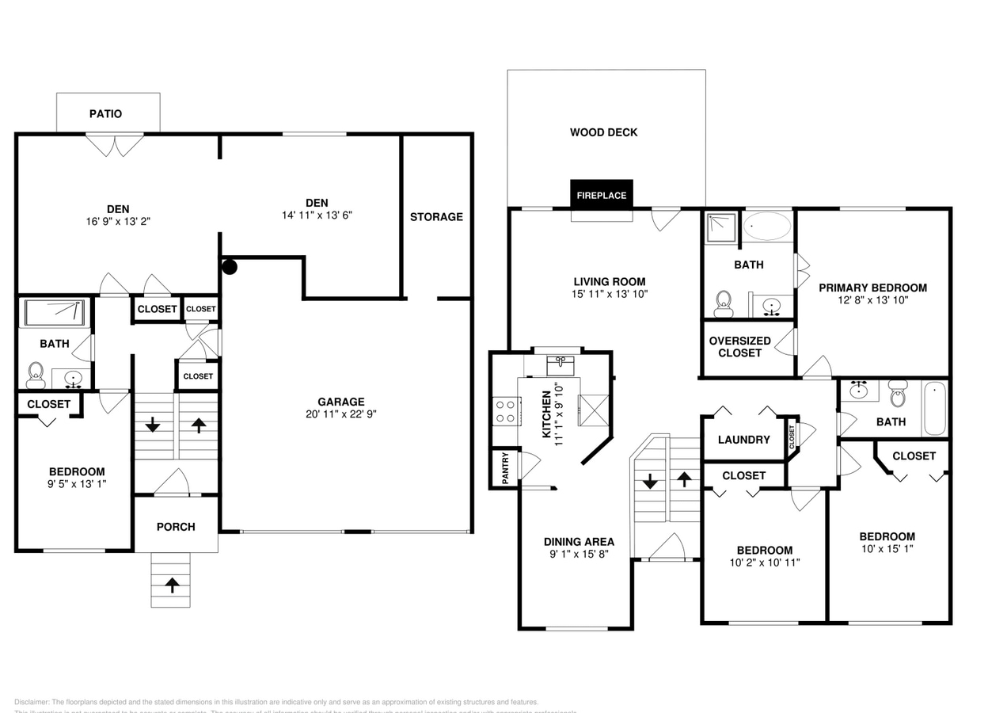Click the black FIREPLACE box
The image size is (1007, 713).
pos(602,195)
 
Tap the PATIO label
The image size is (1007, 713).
pos(105,113)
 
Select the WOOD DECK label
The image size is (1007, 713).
pos(603,132)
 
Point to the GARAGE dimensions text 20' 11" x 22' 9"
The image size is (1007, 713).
pos(341,414)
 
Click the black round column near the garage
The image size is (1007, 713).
pos(230,267)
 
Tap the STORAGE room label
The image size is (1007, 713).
pos(436,216)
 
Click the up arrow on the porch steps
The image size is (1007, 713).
pos(171,585)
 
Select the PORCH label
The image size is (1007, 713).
pos(176,527)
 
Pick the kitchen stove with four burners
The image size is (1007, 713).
pos(505,411)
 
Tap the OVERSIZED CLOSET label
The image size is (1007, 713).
pos(739,347)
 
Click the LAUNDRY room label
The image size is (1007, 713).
pos(743,440)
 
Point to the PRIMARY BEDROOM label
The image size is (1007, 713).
pos(872,288)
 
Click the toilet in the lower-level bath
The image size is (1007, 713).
pos(36,374)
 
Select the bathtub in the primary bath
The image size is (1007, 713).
pos(766,226)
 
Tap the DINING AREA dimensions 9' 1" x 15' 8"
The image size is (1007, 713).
pos(579,555)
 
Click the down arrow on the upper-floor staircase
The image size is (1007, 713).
pos(650,481)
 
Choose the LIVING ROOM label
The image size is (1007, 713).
pos(610,281)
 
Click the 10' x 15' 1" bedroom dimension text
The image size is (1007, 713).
pos(887,548)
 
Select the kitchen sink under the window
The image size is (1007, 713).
pos(560,364)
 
